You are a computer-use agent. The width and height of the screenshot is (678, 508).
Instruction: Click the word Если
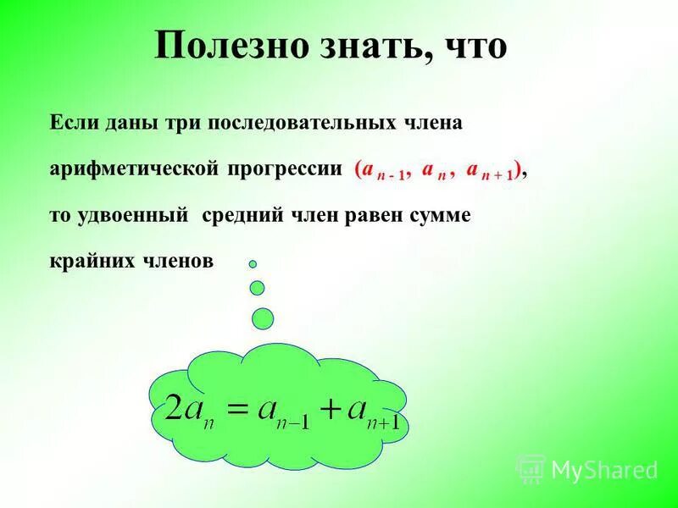point(75,123)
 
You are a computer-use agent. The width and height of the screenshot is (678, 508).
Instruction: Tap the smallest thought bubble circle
point(252,264)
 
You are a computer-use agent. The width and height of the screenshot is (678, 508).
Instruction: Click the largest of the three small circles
point(264,317)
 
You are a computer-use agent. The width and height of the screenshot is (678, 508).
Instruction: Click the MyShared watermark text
point(603,468)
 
